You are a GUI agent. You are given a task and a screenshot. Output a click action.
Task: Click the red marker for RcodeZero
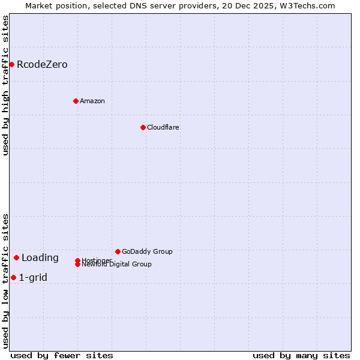11,64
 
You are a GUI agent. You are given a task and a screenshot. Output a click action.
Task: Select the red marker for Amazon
76,101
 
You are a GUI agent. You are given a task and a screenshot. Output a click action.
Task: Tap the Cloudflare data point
143,127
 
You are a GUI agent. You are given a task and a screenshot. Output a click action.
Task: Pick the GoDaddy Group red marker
118,251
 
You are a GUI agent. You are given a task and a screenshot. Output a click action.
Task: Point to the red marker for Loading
16,257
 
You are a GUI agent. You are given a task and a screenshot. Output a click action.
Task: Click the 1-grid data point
13,277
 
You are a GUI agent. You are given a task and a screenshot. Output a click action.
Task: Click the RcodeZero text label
42,65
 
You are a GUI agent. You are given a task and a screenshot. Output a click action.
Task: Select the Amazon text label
92,101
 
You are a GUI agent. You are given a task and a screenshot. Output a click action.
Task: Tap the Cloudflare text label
163,127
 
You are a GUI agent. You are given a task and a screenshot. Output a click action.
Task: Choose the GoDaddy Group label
147,251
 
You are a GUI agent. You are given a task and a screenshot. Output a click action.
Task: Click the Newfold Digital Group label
116,265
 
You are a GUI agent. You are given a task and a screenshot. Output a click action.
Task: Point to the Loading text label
40,258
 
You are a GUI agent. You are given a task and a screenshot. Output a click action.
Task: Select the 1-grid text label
33,277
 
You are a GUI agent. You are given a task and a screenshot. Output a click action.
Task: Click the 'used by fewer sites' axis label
62,355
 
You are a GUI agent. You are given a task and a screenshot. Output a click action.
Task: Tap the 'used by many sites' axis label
301,355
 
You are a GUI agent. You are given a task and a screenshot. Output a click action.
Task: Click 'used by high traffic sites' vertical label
5,85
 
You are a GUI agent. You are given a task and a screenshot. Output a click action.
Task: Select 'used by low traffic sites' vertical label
5,281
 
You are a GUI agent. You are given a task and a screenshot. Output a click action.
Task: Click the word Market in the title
38,5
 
